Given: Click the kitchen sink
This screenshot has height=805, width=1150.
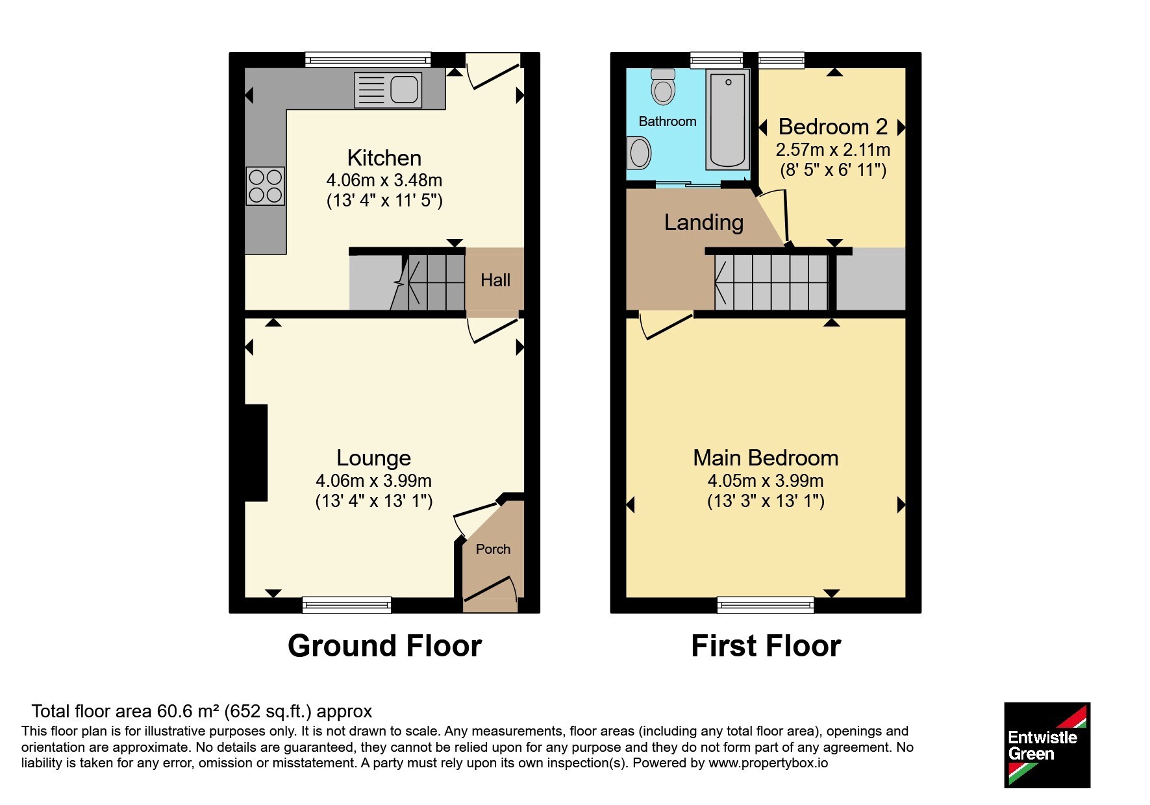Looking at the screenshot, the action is (x=388, y=90).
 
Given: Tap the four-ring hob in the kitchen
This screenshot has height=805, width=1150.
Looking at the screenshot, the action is (x=265, y=186).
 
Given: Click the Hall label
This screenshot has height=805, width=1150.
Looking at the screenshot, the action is (x=495, y=280).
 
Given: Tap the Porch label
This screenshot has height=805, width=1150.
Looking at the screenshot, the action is (x=493, y=549).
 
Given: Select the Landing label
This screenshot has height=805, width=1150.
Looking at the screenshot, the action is (x=704, y=223).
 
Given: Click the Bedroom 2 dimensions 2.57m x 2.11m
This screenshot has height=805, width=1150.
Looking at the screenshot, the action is (x=833, y=150).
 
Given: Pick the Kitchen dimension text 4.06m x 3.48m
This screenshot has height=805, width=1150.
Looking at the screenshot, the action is (x=384, y=180).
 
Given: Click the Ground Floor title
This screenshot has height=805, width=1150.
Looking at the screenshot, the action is (x=385, y=646).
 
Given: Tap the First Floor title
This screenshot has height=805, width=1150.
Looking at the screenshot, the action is (x=766, y=646).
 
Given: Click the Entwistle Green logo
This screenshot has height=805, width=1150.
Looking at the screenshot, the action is (x=1047, y=745).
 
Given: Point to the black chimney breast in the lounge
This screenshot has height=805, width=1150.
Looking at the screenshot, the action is (x=256, y=453).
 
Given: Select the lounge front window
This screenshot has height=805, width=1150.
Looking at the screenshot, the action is (x=347, y=605).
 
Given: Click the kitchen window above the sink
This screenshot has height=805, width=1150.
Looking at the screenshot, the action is (x=368, y=60).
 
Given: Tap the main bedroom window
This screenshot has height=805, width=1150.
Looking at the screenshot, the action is (x=766, y=605).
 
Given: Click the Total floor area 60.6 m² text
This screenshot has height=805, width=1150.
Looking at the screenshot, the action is (x=202, y=712).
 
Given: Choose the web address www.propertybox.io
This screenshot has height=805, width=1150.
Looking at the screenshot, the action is (x=768, y=763).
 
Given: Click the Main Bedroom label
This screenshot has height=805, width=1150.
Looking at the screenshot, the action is (x=766, y=458).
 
